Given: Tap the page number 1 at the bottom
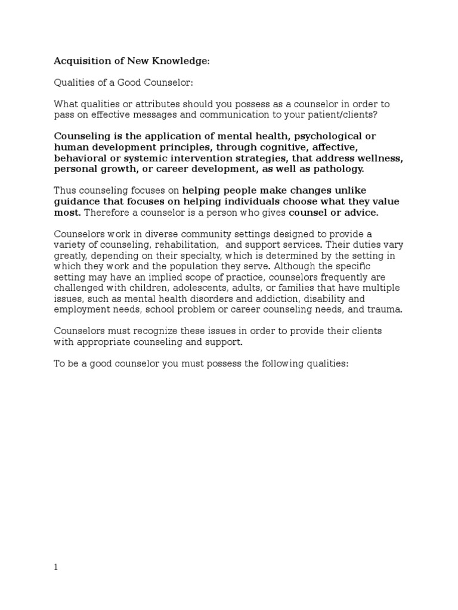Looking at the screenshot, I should point(56,567).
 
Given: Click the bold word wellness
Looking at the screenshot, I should point(379,158).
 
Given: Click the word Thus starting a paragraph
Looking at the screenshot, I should point(65,191).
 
